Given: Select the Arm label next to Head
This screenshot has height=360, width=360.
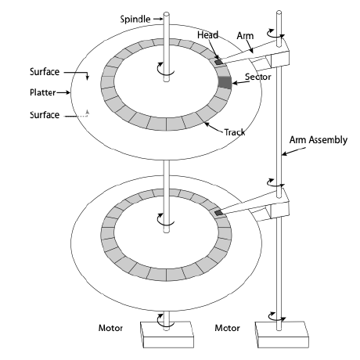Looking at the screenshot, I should click(243, 35).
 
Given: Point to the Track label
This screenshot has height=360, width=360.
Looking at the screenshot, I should click(234, 131).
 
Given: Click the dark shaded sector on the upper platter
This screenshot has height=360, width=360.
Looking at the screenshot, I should click(225, 82).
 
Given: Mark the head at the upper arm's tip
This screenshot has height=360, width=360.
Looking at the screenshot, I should click(218, 60).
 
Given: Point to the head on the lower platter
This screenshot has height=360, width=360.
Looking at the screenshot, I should click(218, 211).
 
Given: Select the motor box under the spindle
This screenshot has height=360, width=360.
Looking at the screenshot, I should click(165, 335).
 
